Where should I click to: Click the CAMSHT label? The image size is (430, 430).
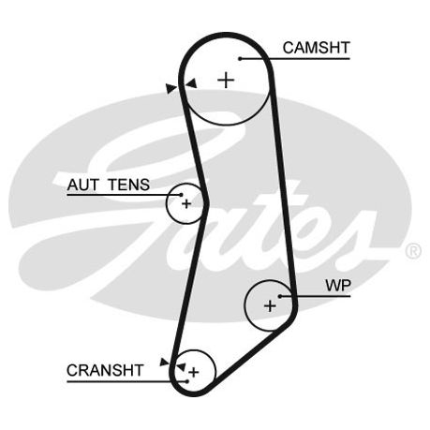[x=316, y=48]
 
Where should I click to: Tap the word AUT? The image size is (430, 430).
[x=83, y=185]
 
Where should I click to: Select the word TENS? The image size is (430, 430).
[x=128, y=185]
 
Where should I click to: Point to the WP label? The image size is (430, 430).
[x=338, y=285]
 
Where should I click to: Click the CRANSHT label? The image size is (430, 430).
[x=105, y=370]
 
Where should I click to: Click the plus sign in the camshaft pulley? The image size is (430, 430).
[x=226, y=81]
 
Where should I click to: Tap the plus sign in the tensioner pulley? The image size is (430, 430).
[x=186, y=204]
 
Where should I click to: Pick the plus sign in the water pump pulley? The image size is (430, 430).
[x=270, y=306]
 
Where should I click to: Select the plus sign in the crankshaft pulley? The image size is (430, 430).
[x=194, y=372]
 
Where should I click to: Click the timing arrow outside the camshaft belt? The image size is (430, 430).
[x=171, y=88]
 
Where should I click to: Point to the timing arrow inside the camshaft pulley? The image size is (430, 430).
[x=191, y=83]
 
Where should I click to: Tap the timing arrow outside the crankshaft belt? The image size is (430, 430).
[x=164, y=362]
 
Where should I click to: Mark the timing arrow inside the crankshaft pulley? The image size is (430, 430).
[x=181, y=366]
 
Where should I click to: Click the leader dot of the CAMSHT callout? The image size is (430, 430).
[x=240, y=58]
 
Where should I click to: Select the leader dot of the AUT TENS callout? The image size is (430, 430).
[x=181, y=195]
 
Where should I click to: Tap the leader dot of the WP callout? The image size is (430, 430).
[x=280, y=296]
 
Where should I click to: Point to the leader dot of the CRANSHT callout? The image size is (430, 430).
[x=187, y=381]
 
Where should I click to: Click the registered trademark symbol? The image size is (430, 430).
[x=413, y=251]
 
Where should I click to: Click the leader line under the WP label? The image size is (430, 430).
[x=316, y=296]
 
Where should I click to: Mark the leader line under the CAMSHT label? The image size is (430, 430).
[x=295, y=58]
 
